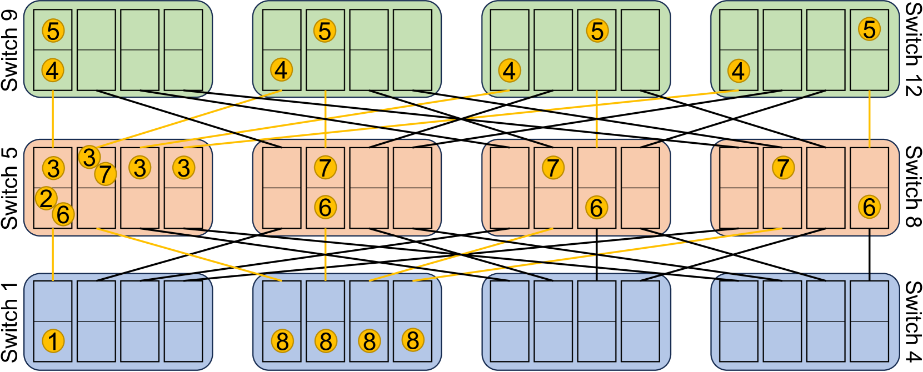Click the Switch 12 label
click(x=912, y=50)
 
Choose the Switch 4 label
click(x=912, y=322)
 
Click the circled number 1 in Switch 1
click(x=53, y=341)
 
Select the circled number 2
click(x=46, y=198)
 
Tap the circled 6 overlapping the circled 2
click(x=63, y=214)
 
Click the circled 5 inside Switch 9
click(x=53, y=31)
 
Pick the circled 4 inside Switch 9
click(x=53, y=71)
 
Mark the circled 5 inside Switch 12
click(x=870, y=29)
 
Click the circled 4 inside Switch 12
click(x=738, y=71)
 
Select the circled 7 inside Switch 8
click(x=783, y=167)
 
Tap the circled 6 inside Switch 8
click(x=869, y=207)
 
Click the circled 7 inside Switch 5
click(x=105, y=174)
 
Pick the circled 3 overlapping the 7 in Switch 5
click(x=89, y=158)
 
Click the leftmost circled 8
click(x=282, y=341)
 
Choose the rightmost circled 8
click(x=413, y=340)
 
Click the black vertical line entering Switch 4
click(x=869, y=255)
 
